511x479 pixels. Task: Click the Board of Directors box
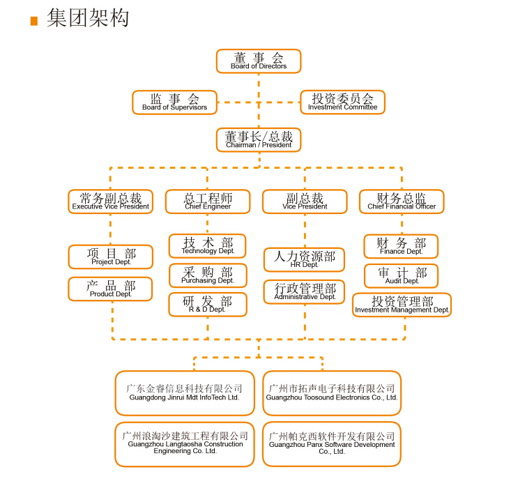tap(259, 61)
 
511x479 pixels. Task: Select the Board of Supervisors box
tap(175, 102)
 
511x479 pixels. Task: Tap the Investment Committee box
tap(342, 102)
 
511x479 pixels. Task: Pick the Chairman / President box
tap(259, 139)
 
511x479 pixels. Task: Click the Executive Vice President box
tap(110, 202)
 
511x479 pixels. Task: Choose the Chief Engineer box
tap(208, 202)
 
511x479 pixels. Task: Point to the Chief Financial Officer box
tap(402, 202)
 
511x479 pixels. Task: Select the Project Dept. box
tap(110, 257)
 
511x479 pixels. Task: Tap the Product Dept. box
tap(110, 289)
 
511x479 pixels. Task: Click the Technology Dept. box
tap(208, 246)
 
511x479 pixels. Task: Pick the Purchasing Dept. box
tap(208, 275)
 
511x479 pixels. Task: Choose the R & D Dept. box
tap(208, 305)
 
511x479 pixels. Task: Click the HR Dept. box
tap(304, 259)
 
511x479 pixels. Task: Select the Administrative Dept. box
tap(304, 291)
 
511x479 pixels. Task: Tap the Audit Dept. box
tap(401, 275)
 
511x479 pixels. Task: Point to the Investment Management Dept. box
tap(402, 305)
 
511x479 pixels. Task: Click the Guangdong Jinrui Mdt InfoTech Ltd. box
tap(185, 393)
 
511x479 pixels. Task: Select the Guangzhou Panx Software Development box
tap(332, 444)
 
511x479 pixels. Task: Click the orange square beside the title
tap(34, 21)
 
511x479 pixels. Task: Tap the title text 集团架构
tap(88, 17)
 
